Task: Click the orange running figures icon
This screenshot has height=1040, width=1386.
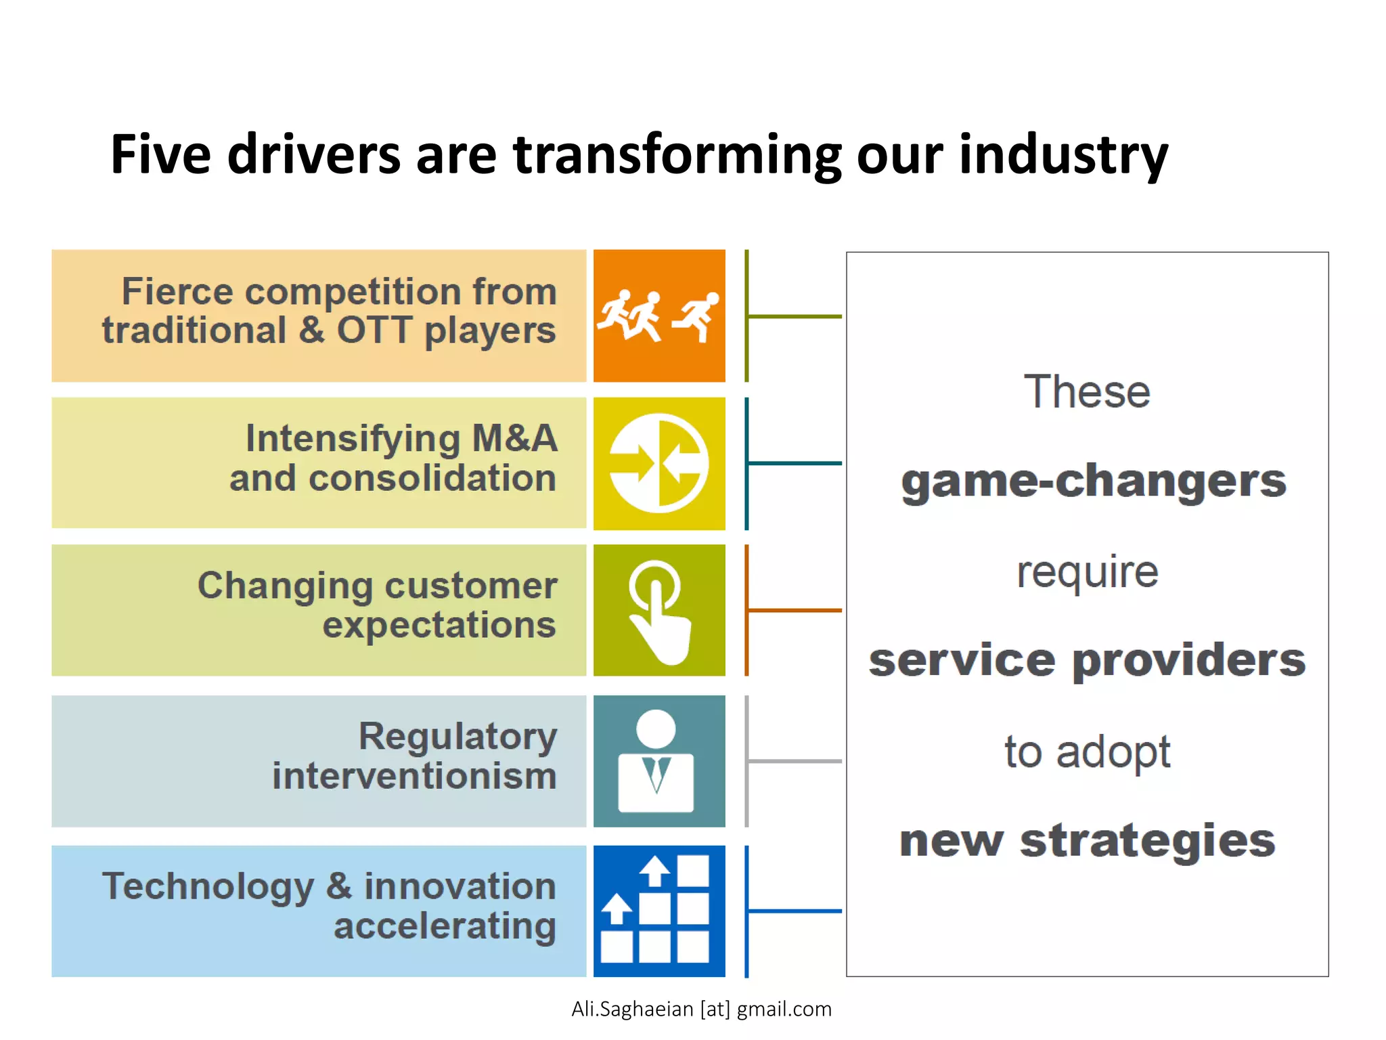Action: coord(658,316)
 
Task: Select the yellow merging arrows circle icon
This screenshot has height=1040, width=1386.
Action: coord(658,463)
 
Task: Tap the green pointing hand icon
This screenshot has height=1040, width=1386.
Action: coord(658,611)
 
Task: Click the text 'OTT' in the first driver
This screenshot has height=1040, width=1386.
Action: coord(374,330)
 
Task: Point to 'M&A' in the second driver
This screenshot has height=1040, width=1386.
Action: coord(514,438)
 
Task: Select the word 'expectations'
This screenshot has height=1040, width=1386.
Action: coord(439,624)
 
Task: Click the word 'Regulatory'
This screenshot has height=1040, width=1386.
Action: coord(457,736)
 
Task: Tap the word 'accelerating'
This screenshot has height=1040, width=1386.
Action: coord(445,926)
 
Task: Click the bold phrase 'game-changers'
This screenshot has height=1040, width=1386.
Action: coord(1093,481)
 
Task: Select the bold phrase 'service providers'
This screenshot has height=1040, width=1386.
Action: coord(1087,660)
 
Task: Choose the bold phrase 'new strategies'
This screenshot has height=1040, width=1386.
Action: coord(1087,840)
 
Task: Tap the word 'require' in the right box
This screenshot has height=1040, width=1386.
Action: coord(1087,572)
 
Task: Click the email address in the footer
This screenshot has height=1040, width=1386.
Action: coord(701,1009)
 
